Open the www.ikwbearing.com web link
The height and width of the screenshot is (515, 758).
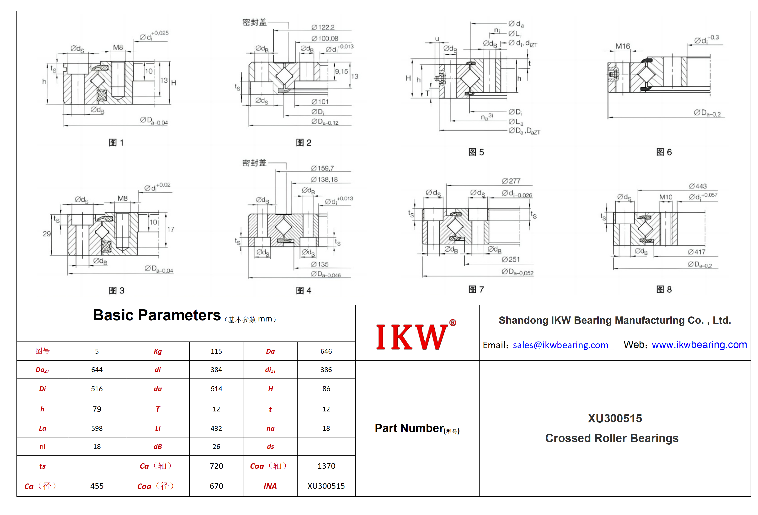point(699,345)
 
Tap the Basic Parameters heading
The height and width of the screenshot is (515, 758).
point(157,315)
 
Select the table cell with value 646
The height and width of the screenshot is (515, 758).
point(326,351)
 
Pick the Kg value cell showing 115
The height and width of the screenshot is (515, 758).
point(216,351)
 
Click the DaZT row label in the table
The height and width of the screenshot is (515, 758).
point(43,370)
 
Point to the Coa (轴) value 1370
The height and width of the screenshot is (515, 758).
point(326,466)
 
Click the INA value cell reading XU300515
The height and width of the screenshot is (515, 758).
point(326,486)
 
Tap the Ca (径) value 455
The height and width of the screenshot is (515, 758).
point(97,486)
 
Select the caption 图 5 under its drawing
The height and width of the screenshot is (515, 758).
point(476,152)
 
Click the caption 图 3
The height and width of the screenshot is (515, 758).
point(117,290)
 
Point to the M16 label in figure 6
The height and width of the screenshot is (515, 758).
point(623,46)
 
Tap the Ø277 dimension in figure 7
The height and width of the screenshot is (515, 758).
point(511,181)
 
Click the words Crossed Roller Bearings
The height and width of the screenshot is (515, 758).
point(612,438)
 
